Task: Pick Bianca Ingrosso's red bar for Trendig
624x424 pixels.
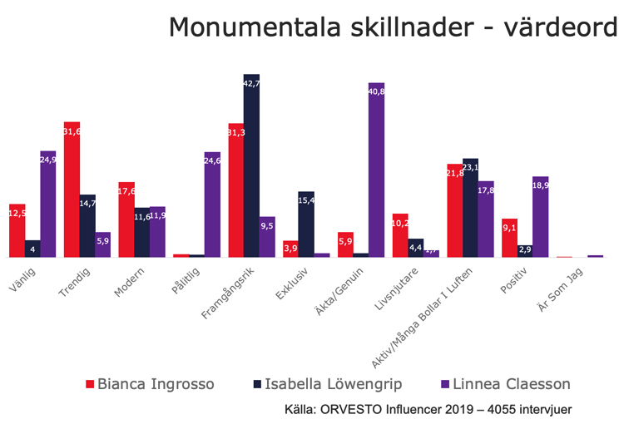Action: point(72,190)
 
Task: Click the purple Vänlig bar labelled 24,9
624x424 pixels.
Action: point(48,205)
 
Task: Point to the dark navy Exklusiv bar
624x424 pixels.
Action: point(306,224)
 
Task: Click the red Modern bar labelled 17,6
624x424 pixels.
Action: point(126,219)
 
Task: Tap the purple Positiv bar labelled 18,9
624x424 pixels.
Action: point(540,217)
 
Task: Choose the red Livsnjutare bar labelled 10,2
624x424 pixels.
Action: point(400,235)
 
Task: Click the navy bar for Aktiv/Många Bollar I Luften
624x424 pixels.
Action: point(470,208)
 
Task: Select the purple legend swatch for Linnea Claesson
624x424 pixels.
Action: point(444,385)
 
